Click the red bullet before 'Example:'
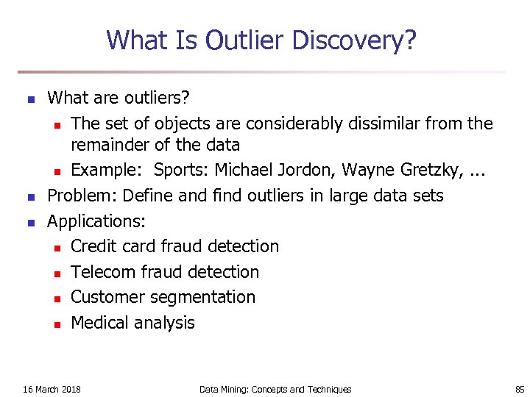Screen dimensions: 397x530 pos(56,171)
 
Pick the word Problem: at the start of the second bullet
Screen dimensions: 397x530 pos(82,196)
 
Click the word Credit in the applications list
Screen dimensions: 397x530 pos(94,246)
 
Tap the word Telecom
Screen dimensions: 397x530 pos(103,272)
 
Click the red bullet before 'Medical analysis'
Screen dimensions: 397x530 pos(56,323)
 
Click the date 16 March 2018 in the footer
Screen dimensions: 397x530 pos(52,389)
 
